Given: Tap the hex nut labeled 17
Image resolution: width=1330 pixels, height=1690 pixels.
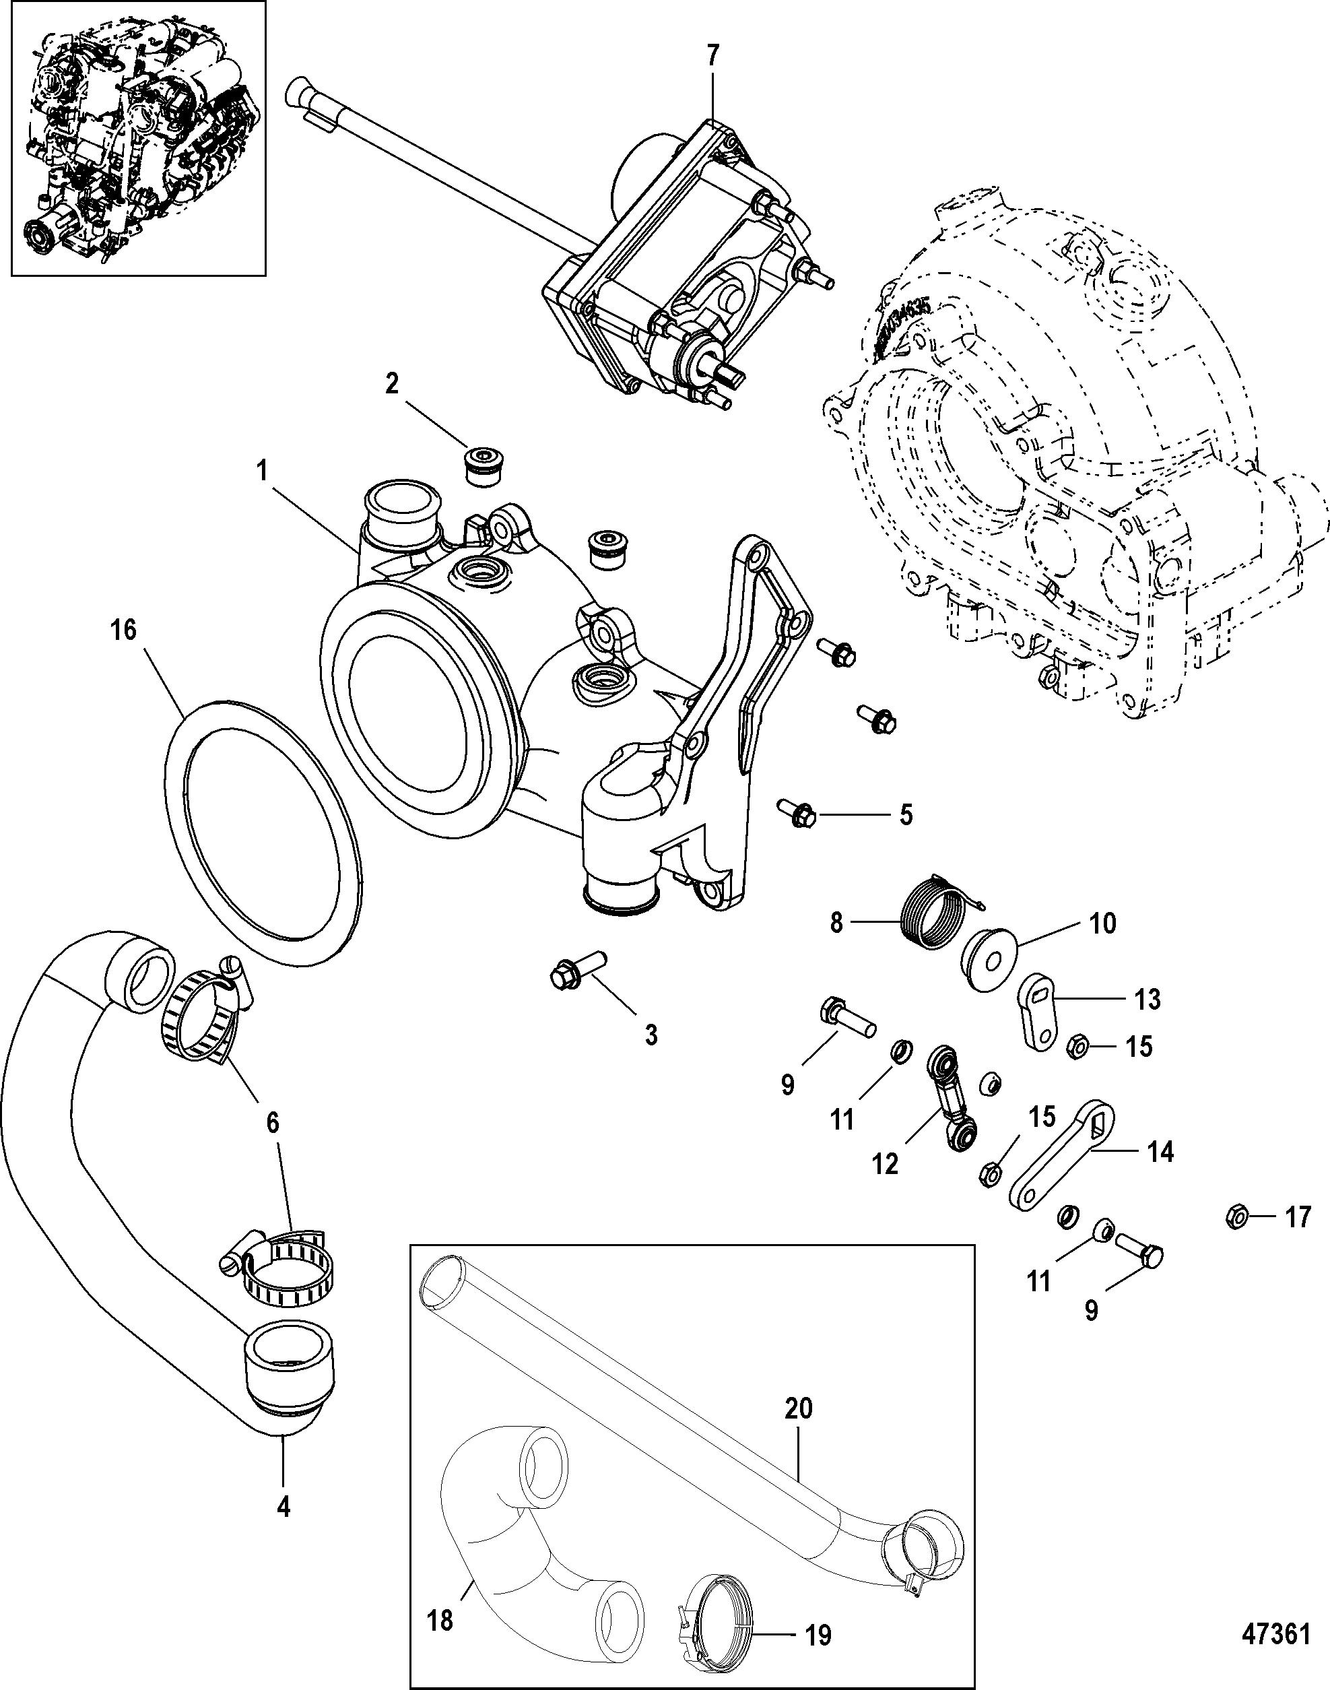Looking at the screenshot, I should pos(1237,1216).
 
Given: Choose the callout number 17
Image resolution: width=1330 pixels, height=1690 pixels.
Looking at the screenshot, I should pos(1297,1216).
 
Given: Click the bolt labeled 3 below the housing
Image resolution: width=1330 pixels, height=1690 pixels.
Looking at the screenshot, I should pos(576,969).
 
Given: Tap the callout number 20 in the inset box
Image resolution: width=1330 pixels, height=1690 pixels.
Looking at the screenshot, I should pos(799,1408).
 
